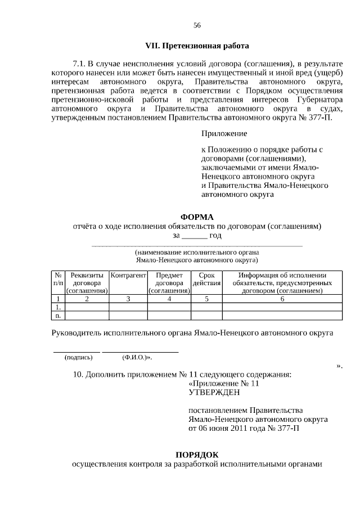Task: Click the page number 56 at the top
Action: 197,25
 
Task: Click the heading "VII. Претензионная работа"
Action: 197,45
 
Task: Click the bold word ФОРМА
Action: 197,217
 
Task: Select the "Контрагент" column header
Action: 128,276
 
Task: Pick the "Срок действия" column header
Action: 206,280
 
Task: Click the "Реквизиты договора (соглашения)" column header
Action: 87,283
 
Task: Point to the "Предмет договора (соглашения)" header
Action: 169,283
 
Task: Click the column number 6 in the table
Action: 282,299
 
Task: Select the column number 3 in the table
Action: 128,299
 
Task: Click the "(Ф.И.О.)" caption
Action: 136,357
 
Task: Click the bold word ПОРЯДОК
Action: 197,454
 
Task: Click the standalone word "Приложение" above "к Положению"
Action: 224,134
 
